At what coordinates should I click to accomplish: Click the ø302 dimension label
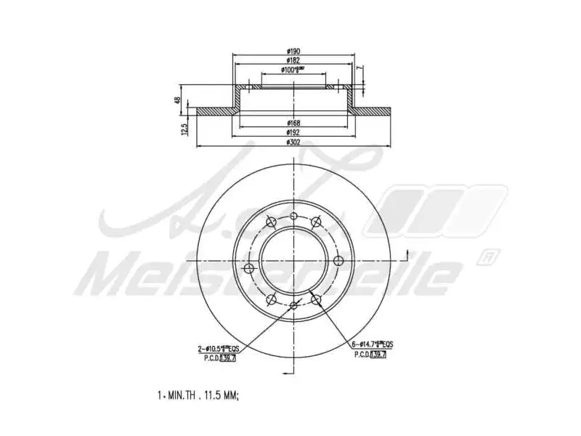[x=293, y=142]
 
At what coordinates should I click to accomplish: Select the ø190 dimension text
[x=293, y=51]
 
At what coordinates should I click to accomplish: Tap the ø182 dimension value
[x=293, y=60]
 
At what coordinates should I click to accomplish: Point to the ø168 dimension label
[x=293, y=123]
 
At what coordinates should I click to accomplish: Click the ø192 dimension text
[x=293, y=132]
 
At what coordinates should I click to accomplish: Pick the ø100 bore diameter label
[x=293, y=70]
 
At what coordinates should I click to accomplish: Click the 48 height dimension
[x=177, y=100]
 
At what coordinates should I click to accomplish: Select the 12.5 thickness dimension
[x=186, y=129]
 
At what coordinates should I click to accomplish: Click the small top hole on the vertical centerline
[x=293, y=217]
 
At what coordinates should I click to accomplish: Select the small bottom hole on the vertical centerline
[x=293, y=306]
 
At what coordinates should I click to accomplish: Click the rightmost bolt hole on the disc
[x=338, y=262]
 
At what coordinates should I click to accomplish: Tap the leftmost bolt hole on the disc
[x=249, y=269]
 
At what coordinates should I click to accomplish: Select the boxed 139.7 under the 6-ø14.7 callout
[x=378, y=354]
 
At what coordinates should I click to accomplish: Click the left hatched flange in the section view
[x=216, y=112]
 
